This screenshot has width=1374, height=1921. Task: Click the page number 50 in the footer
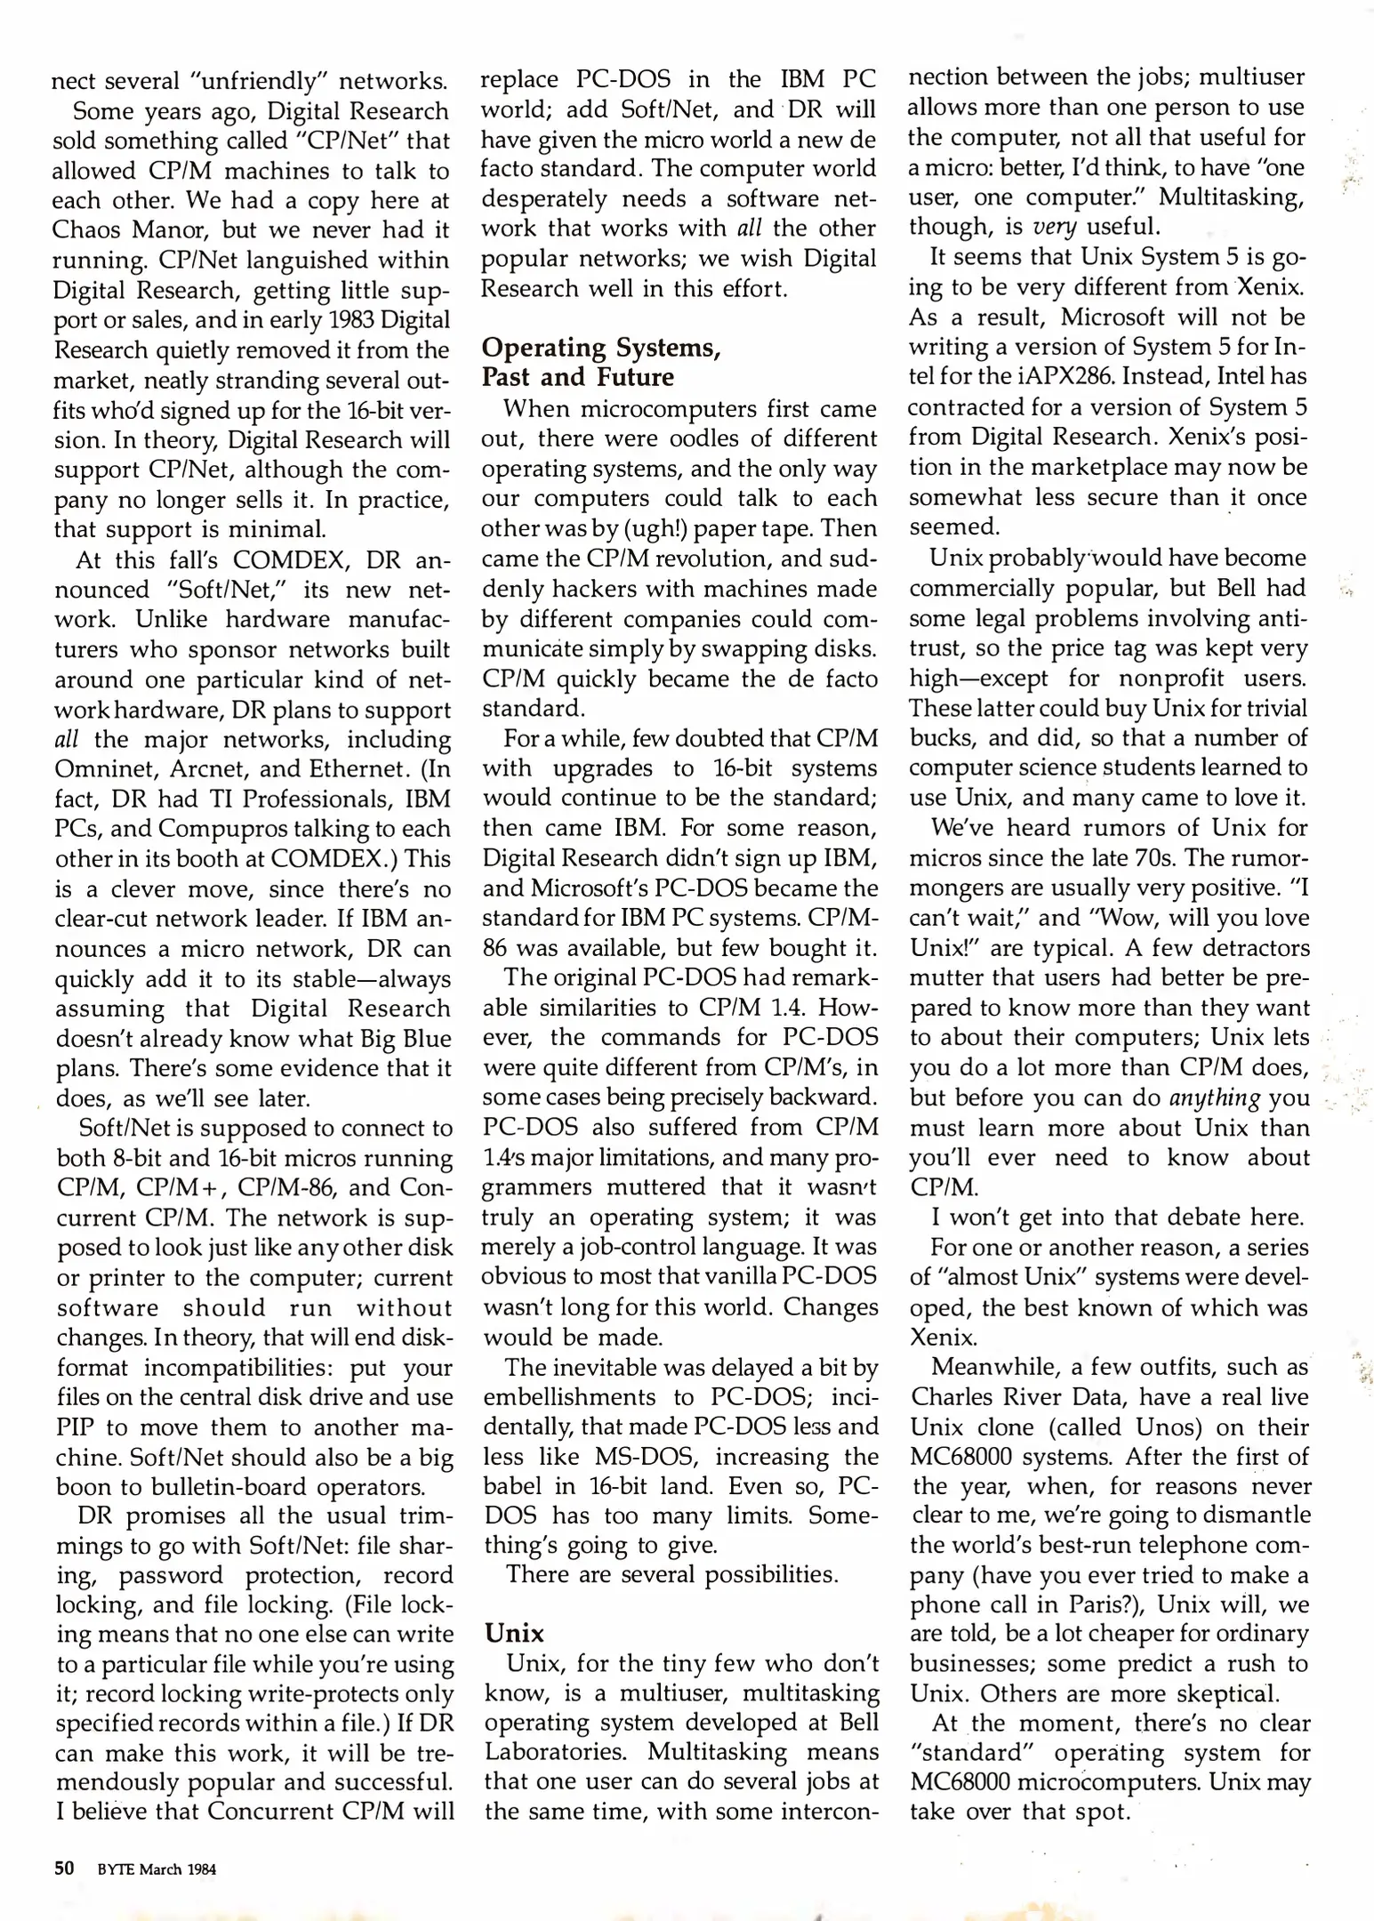pyautogui.click(x=64, y=1868)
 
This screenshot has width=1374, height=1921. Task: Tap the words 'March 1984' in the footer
pyautogui.click(x=177, y=1869)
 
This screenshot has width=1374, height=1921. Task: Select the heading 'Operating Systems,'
pyautogui.click(x=600, y=347)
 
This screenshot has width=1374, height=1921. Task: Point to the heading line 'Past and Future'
pyautogui.click(x=577, y=377)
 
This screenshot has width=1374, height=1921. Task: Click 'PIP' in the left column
pyautogui.click(x=74, y=1427)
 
